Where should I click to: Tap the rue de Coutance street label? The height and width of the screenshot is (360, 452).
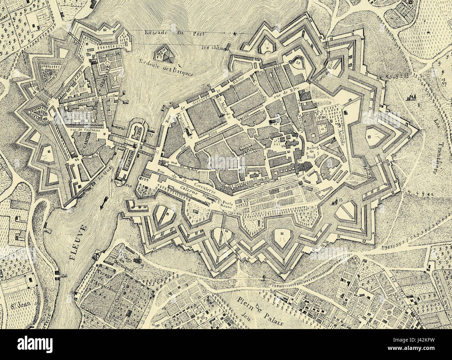(83, 130)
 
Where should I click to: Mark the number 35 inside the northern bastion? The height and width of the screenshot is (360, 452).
(298, 62)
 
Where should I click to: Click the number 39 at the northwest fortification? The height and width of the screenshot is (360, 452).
(76, 43)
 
